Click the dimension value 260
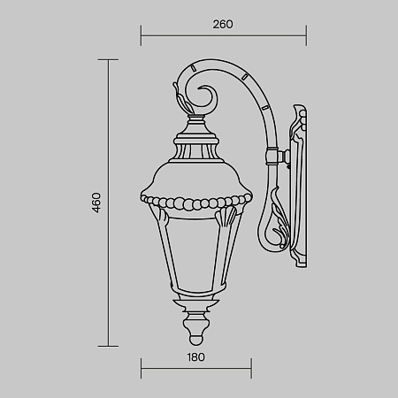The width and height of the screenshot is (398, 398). (x=222, y=25)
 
